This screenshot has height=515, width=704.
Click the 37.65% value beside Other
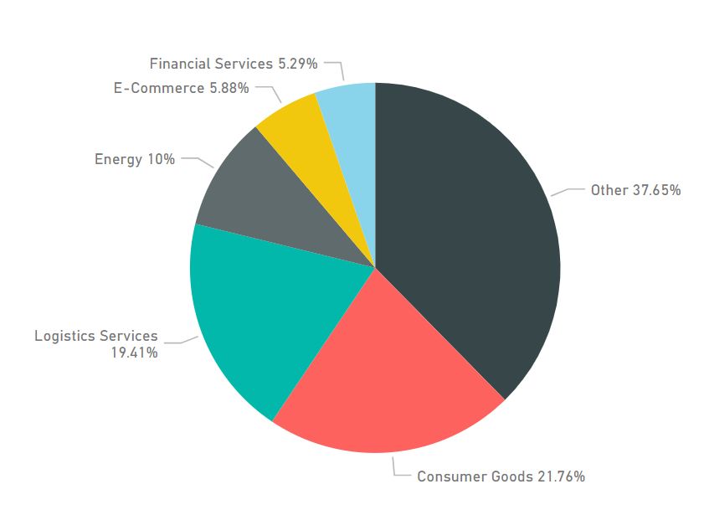tap(656, 190)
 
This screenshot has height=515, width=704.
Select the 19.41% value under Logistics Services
tap(134, 353)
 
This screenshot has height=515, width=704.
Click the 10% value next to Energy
tap(161, 159)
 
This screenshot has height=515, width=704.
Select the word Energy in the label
tap(118, 159)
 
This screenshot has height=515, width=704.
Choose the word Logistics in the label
tap(64, 336)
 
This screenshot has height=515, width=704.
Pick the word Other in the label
tap(609, 190)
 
